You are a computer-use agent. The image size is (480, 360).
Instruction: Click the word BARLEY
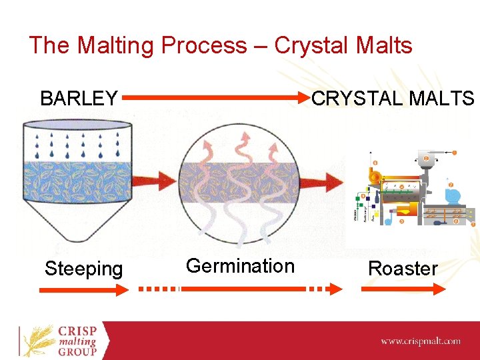[79, 99]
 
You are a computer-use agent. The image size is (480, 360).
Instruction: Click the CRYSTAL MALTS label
[393, 99]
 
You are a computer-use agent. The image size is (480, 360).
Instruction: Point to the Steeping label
[83, 269]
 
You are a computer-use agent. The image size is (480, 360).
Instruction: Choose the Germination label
[240, 266]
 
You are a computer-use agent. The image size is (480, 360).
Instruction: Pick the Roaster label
[403, 269]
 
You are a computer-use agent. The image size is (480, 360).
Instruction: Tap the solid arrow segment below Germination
[243, 289]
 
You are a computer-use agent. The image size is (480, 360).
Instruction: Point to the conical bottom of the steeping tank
[77, 220]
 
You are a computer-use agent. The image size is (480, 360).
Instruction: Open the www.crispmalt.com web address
[420, 341]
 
